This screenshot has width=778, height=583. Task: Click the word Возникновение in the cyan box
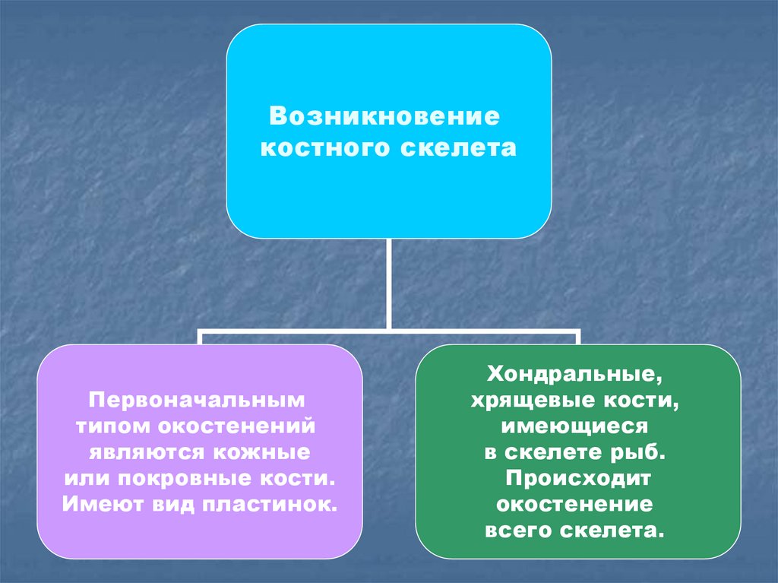point(388,118)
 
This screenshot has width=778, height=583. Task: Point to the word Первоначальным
point(199,398)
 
